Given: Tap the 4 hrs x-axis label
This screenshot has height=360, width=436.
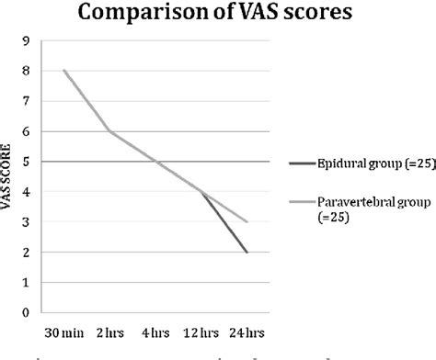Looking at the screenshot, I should (x=156, y=329).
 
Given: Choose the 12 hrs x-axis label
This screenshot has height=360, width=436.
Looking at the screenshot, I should (x=201, y=329).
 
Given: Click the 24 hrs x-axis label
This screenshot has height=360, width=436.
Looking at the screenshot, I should (x=247, y=329).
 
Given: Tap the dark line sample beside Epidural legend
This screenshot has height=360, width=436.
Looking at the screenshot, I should (x=300, y=164).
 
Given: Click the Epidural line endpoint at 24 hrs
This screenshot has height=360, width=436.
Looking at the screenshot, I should (x=247, y=252).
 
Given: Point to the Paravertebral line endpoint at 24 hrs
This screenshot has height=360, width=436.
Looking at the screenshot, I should (x=247, y=221).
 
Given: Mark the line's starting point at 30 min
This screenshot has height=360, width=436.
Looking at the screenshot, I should (x=64, y=70).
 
